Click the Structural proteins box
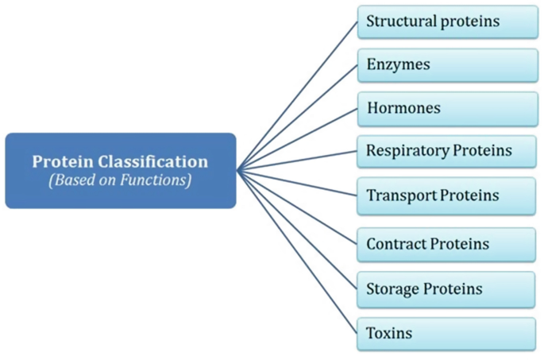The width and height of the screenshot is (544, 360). click(447, 21)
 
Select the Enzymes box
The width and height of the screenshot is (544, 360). click(447, 64)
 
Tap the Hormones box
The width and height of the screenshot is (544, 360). click(447, 107)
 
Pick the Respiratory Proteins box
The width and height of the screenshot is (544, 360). click(447, 150)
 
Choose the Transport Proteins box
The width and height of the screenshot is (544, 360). click(447, 195)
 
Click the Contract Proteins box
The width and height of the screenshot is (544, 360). click(447, 244)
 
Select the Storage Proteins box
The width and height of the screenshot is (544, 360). click(447, 288)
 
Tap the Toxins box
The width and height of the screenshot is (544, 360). click(447, 333)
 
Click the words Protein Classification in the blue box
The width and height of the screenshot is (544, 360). click(120, 161)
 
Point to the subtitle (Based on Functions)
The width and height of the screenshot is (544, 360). click(120, 180)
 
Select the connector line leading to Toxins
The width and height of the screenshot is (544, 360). click(298, 250)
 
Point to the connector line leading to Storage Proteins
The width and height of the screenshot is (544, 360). click(298, 229)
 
